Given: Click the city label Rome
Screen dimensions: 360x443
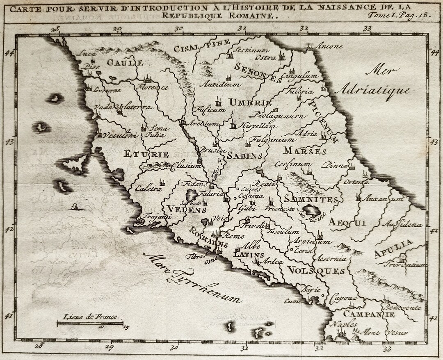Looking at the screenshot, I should click(235, 236).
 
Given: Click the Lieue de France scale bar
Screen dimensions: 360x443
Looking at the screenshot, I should click(91, 323).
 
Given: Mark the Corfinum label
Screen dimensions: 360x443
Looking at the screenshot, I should click(293, 164).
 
